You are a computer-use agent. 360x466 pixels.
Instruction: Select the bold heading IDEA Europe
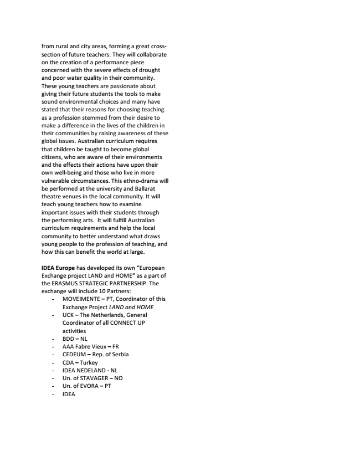tap(58, 268)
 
